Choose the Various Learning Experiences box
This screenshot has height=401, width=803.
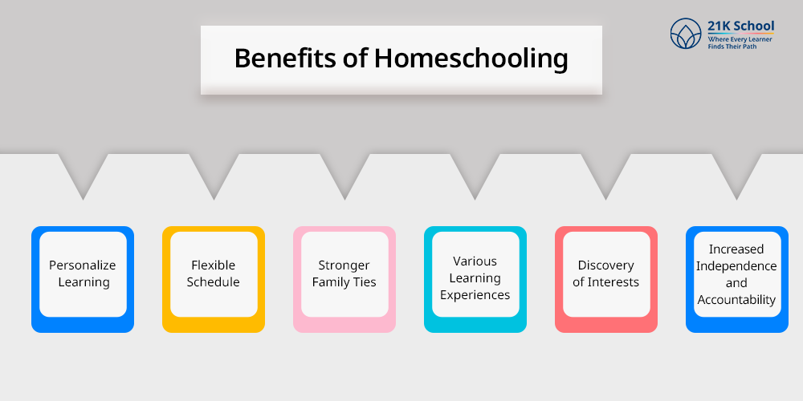pyautogui.click(x=475, y=278)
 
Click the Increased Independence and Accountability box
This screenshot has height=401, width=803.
pyautogui.click(x=736, y=278)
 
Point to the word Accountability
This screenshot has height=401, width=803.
pyautogui.click(x=736, y=300)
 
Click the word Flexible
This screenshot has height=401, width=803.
pyautogui.click(x=214, y=265)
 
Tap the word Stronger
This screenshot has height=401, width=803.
pyautogui.click(x=344, y=265)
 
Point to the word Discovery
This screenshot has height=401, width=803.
pyautogui.click(x=606, y=265)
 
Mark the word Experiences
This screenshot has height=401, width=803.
pyautogui.click(x=475, y=295)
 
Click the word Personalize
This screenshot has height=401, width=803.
pyautogui.click(x=83, y=265)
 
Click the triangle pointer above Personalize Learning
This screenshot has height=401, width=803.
pyautogui.click(x=83, y=172)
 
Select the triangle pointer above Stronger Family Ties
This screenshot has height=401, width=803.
pyautogui.click(x=344, y=172)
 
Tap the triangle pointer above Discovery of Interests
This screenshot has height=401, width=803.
pyautogui.click(x=606, y=172)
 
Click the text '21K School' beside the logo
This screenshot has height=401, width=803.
pyautogui.click(x=741, y=26)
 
